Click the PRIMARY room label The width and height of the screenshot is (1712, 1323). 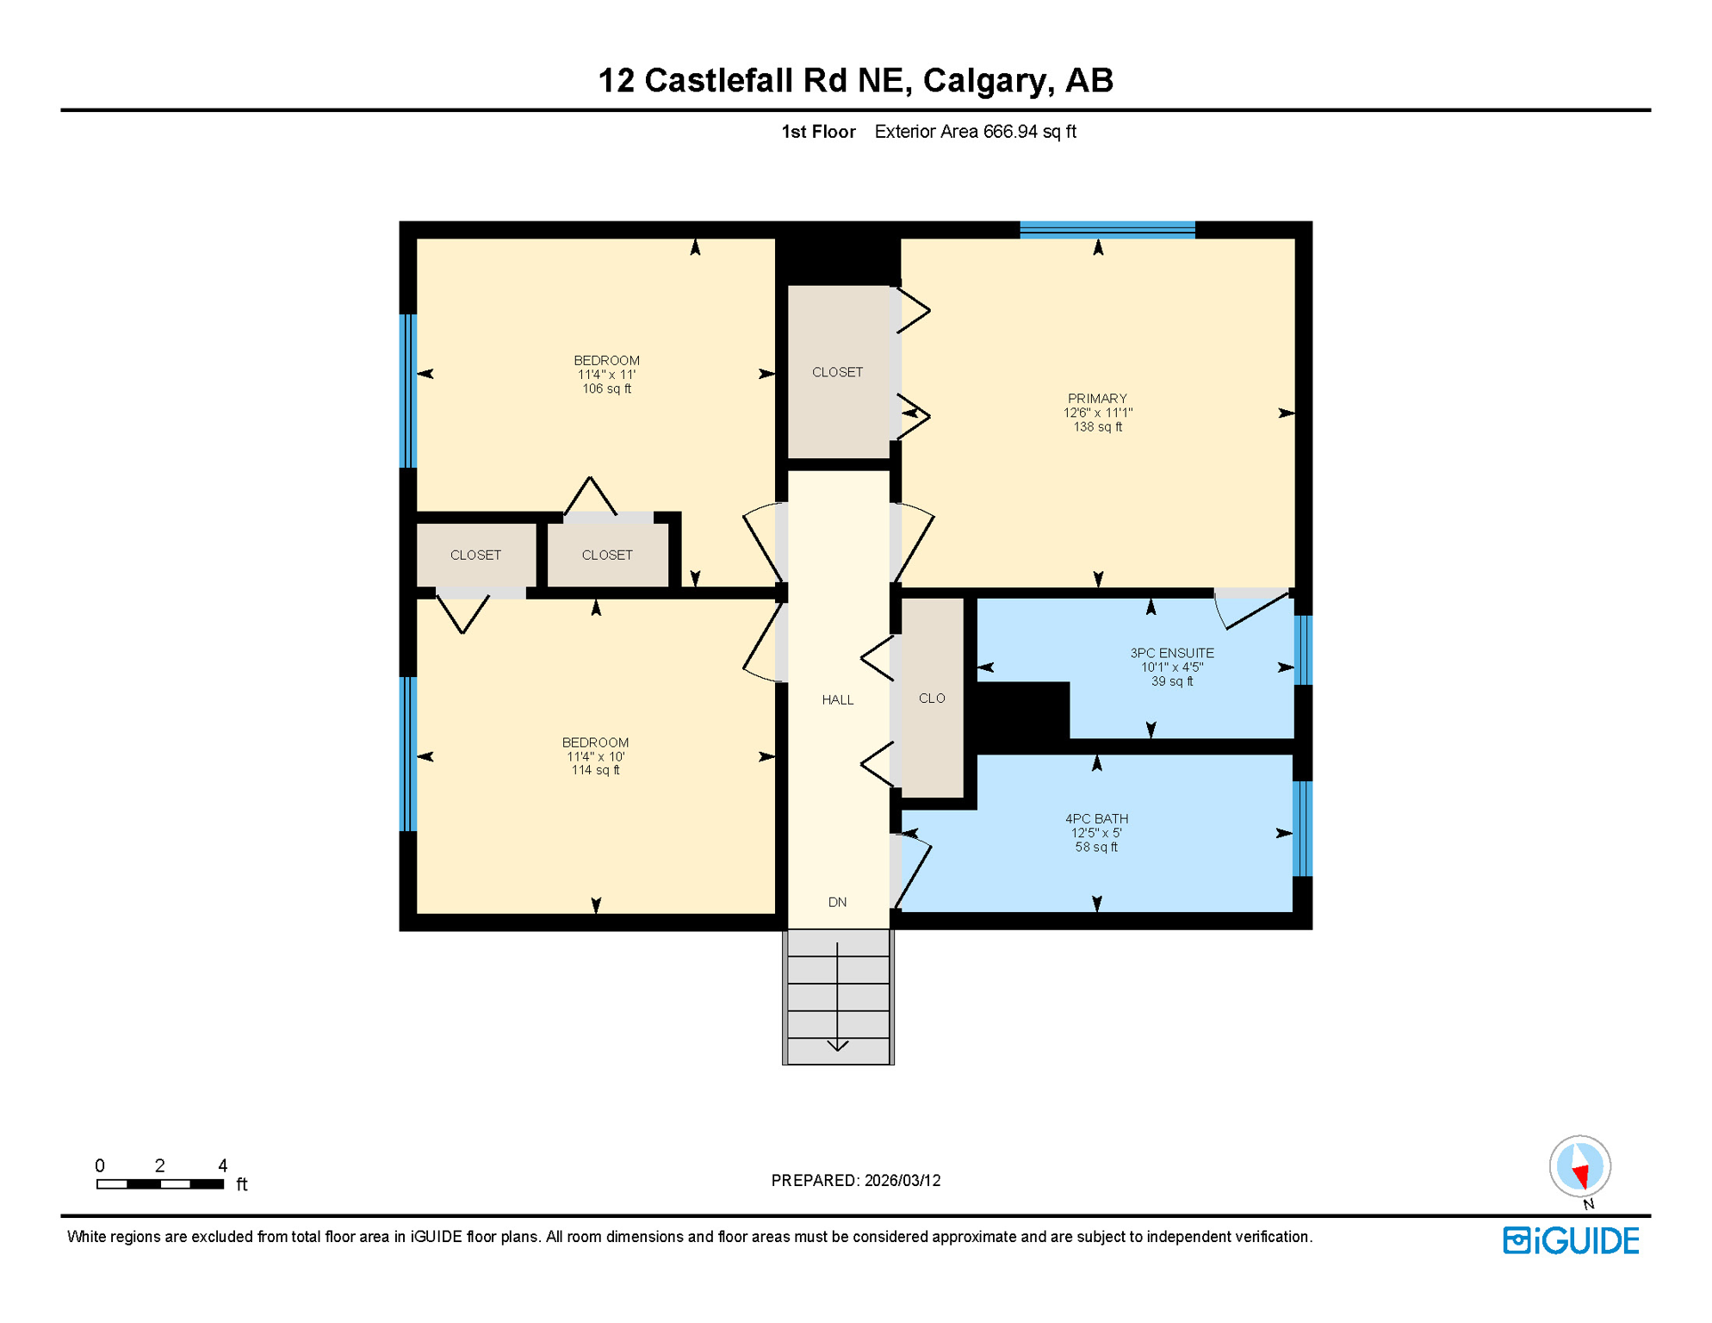pos(1096,399)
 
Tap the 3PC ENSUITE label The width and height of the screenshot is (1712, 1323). pos(1171,653)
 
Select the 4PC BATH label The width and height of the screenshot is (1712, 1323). pos(1095,818)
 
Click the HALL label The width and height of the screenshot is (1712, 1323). pos(837,699)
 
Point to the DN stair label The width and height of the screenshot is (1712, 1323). pos(837,902)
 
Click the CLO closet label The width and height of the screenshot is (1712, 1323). pos(931,698)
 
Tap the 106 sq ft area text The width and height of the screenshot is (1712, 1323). pos(606,389)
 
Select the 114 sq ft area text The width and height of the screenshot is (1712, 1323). pos(595,770)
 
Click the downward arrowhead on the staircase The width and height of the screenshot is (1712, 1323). pos(837,1046)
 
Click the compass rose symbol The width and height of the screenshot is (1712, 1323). pos(1579,1166)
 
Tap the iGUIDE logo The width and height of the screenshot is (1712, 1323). pos(1571,1241)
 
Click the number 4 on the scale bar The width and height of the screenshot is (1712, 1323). pos(222,1165)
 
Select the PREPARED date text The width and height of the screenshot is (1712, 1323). pos(855,1180)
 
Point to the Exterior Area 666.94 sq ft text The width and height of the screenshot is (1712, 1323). pos(975,132)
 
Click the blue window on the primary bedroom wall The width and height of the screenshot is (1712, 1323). pos(1107,229)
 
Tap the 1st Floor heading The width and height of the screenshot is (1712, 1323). pos(817,132)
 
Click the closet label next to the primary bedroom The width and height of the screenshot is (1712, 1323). pos(837,372)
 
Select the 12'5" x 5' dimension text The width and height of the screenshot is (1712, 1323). pos(1095,833)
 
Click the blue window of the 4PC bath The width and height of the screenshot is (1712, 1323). pos(1302,829)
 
